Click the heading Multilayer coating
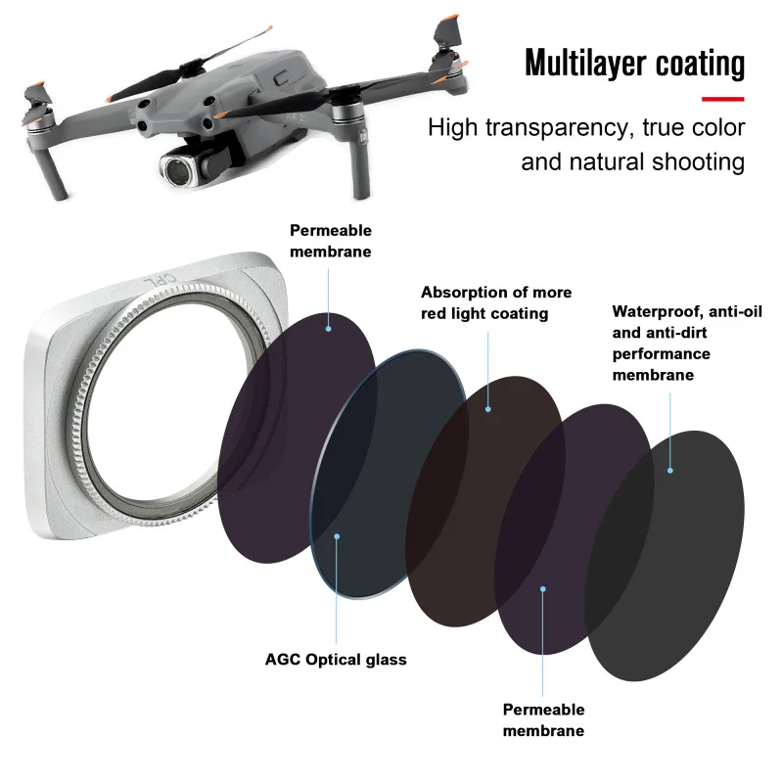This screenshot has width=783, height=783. tap(634, 63)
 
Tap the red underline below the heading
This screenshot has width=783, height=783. tap(723, 98)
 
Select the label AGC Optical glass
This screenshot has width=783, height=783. tap(336, 659)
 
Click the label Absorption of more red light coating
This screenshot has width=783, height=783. tap(496, 302)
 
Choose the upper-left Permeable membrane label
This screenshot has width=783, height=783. tap(330, 240)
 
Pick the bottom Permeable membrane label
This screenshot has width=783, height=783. tap(543, 719)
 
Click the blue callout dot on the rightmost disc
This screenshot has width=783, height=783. tap(670, 471)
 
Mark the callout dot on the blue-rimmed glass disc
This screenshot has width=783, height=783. tap(337, 535)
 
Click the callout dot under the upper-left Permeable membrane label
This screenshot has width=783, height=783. tap(329, 328)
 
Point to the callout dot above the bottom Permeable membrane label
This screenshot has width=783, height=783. tap(542, 588)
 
